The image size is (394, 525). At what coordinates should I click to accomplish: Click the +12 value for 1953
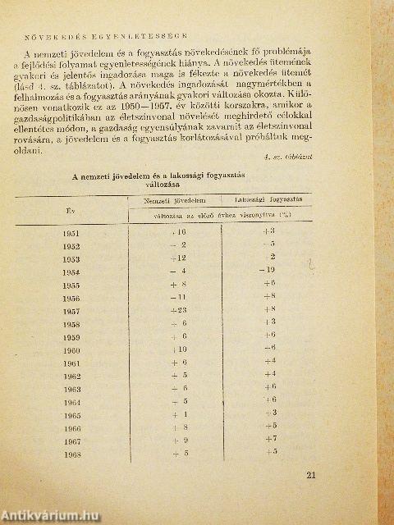[179, 258]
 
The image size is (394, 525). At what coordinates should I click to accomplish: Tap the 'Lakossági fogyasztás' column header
[267, 200]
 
